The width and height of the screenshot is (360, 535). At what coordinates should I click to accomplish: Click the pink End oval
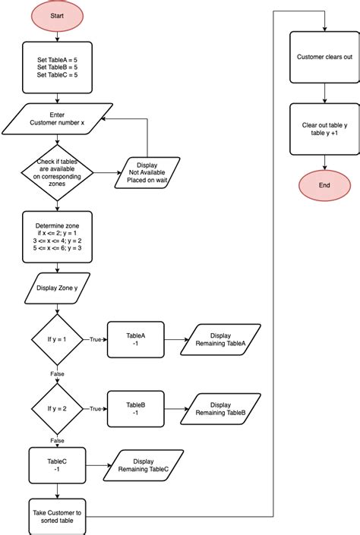click(324, 185)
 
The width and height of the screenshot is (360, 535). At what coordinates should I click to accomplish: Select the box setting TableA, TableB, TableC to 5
click(57, 67)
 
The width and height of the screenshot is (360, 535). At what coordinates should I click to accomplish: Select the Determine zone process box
click(57, 237)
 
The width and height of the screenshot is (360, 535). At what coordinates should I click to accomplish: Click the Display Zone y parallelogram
click(57, 288)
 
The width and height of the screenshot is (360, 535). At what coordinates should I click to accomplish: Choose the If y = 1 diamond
click(57, 339)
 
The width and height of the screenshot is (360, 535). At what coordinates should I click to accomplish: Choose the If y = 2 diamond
click(57, 408)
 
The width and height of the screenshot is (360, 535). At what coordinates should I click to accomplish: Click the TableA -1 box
click(135, 339)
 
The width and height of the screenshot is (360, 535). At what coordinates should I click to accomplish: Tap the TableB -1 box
click(135, 408)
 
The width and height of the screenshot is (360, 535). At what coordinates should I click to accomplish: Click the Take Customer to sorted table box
click(57, 517)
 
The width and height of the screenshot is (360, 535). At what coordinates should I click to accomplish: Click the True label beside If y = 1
click(96, 340)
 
